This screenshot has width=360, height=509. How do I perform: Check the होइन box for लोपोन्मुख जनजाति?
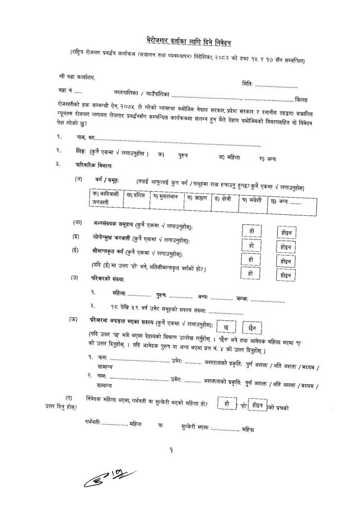286,246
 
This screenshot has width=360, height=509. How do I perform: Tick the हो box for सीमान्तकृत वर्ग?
250,260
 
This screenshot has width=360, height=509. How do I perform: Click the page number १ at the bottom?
178,449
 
